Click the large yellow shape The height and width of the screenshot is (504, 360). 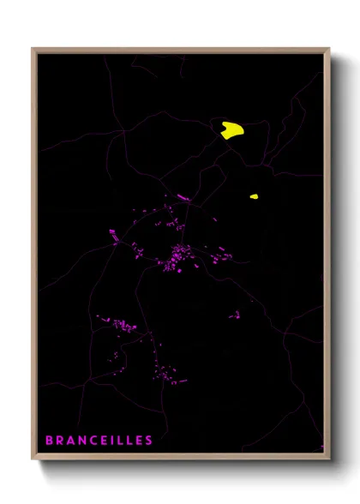[x=232, y=130]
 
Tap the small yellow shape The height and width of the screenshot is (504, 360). [x=254, y=196]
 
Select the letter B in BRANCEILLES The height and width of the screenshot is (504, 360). [x=50, y=441]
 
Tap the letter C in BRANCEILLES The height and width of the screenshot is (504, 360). [x=95, y=441]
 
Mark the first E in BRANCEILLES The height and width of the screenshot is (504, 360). [x=105, y=441]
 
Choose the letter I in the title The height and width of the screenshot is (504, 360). [x=113, y=441]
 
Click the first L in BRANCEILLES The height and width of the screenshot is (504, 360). [x=120, y=441]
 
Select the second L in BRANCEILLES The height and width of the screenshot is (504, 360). [x=129, y=441]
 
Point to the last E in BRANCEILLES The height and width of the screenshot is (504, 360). [x=139, y=441]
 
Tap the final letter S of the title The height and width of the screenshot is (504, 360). [x=149, y=441]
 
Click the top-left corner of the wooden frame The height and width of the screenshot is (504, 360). [x=33, y=49]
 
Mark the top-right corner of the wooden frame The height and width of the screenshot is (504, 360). [x=330, y=49]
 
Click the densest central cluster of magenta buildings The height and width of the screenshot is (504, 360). [x=180, y=255]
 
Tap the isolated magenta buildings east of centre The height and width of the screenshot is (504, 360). [x=234, y=315]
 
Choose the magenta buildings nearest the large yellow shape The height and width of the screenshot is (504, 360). [x=183, y=197]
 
